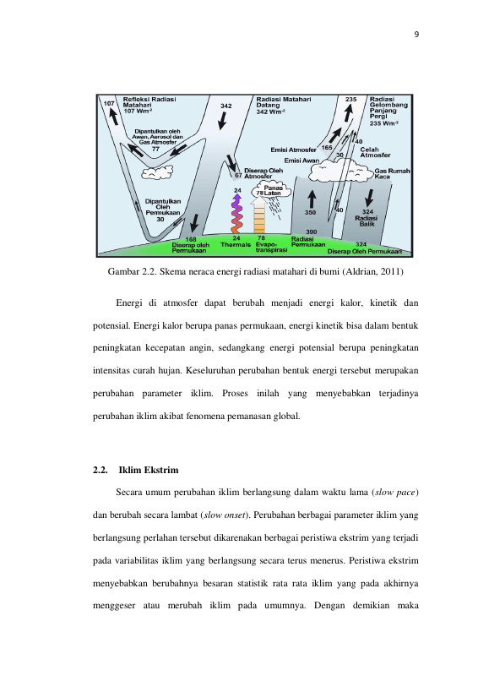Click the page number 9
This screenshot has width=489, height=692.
coord(416,35)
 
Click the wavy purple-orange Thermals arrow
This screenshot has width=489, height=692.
coord(237,214)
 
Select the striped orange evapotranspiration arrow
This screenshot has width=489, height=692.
coord(258,215)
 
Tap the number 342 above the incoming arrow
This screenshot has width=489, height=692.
coord(225,106)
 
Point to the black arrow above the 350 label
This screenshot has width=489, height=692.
coord(312,199)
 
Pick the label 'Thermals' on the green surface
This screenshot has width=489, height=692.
coord(236,244)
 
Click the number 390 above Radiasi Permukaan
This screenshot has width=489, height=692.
coord(312,232)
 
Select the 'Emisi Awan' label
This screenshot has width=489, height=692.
coord(302,161)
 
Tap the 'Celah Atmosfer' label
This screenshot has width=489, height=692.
coord(375,152)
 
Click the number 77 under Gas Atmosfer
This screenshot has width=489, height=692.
coord(155,150)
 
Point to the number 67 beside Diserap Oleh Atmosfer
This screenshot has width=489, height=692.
coord(238,175)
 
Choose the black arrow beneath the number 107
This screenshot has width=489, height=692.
coord(113,117)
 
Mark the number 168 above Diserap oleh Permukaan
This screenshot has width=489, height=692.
coord(191,240)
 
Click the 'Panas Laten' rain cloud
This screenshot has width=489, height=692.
coord(272,191)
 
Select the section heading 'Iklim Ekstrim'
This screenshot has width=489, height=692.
coord(149,470)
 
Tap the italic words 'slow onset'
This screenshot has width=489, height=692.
coord(225,515)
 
